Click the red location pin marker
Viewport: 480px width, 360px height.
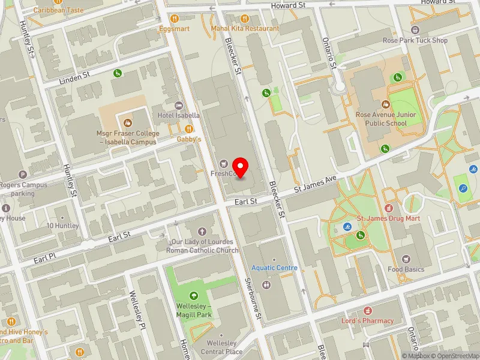point(241,166)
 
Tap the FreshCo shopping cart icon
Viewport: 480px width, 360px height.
point(224,161)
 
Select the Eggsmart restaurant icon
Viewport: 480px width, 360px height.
point(174,18)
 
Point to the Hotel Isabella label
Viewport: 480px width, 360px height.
point(178,115)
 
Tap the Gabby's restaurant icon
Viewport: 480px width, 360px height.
point(189,128)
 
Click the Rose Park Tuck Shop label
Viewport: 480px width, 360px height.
point(415,41)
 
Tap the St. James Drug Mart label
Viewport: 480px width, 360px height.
point(388,218)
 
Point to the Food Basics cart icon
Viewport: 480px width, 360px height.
point(406,259)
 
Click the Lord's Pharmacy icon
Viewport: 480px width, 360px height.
point(368,311)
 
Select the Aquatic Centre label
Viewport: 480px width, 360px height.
point(274,268)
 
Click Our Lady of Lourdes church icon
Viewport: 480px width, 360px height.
point(202,231)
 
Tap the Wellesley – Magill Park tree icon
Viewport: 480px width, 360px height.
point(193,295)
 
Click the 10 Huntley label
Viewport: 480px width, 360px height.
point(62,226)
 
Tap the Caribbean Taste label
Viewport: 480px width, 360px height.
point(58,10)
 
